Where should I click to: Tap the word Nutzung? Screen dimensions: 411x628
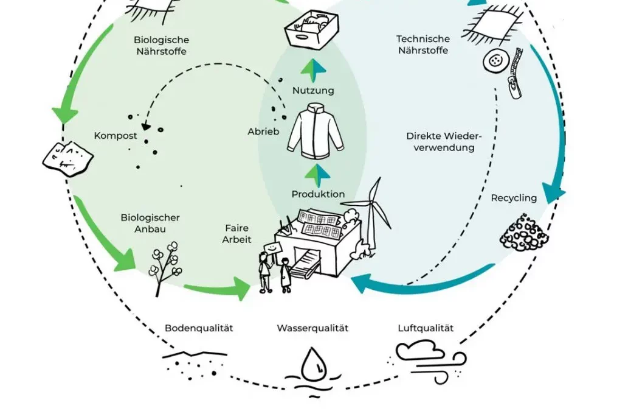[x=313, y=91]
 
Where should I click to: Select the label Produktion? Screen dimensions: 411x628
[x=318, y=194]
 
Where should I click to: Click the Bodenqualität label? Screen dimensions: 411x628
[x=199, y=328]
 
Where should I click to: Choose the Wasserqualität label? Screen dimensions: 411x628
[x=312, y=328]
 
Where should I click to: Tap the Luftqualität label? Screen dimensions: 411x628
[x=425, y=328]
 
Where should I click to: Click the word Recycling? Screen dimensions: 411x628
[x=514, y=198]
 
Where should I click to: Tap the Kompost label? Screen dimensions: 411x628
[x=116, y=135]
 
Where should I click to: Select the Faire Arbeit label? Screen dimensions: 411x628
[x=236, y=234]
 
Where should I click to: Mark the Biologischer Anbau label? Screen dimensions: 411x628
[x=150, y=223]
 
